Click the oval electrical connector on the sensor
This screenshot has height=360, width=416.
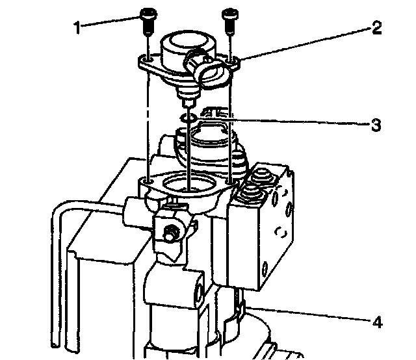click(211, 70)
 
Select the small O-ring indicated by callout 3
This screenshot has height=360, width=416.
click(188, 118)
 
